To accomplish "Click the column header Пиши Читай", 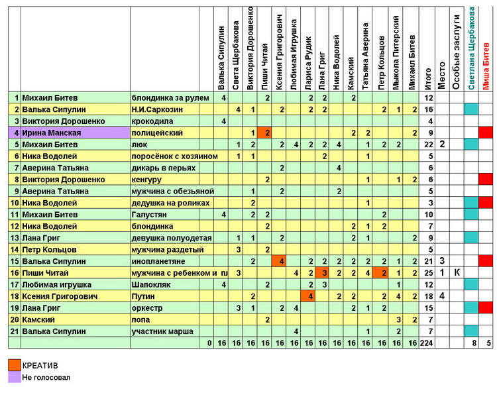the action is pyautogui.click(x=264, y=66).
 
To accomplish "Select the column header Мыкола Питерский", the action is pyautogui.click(x=396, y=52).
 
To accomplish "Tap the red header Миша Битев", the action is pyautogui.click(x=486, y=66).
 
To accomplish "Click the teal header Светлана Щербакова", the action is pyautogui.click(x=471, y=48).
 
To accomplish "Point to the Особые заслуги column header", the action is pyautogui.click(x=456, y=52).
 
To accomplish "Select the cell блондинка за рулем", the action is pyautogui.click(x=170, y=98).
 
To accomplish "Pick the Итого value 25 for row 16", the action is pyautogui.click(x=429, y=273).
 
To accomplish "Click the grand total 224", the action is pyautogui.click(x=427, y=343).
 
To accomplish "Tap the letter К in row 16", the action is pyautogui.click(x=457, y=272).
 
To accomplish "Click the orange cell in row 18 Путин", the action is pyautogui.click(x=307, y=296).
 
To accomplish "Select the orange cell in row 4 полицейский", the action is pyautogui.click(x=264, y=133).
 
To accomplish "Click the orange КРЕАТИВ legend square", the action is pyautogui.click(x=15, y=365).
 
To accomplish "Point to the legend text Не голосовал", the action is pyautogui.click(x=46, y=378).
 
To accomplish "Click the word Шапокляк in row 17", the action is pyautogui.click(x=151, y=284).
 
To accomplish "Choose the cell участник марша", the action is pyautogui.click(x=162, y=331).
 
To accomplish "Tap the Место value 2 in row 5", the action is pyautogui.click(x=442, y=144).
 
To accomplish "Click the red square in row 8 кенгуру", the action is pyautogui.click(x=486, y=180).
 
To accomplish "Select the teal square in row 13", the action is pyautogui.click(x=471, y=238).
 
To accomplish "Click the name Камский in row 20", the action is pyautogui.click(x=38, y=320).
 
